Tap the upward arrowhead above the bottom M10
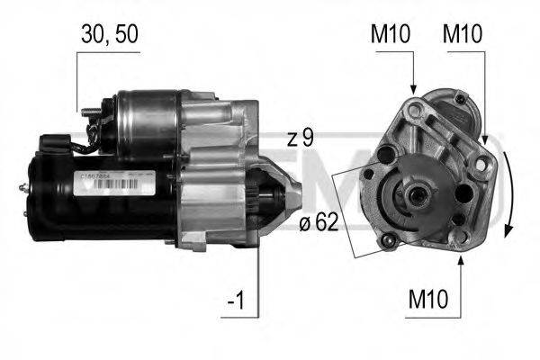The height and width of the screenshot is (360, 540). pos(460,261)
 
